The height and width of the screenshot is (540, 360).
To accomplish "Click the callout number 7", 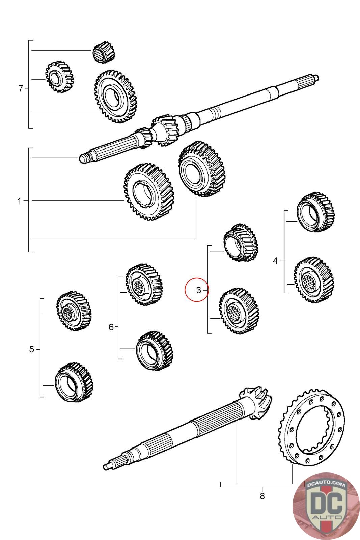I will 21,89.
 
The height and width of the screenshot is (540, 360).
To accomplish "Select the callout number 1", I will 19,201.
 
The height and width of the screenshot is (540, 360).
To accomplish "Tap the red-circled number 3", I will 198,290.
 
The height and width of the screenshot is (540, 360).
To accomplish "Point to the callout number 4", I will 275,261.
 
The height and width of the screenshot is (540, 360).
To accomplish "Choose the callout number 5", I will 31,349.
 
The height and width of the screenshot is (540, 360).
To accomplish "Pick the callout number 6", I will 111,327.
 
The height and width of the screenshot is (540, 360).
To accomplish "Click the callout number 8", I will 262,496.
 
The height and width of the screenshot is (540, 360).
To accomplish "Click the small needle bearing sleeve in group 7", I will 103,52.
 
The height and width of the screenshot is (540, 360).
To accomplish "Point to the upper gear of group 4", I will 315,212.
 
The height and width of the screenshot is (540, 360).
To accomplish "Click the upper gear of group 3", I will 241,242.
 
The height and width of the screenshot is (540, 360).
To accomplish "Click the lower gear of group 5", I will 74,382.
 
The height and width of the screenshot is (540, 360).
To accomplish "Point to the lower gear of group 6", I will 154,350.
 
